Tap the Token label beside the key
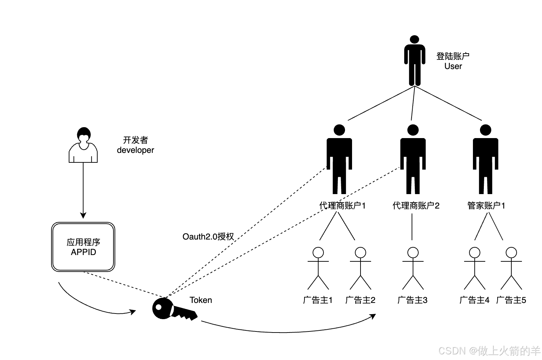tap(201, 300)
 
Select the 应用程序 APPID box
tap(83, 247)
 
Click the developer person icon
tap(83, 145)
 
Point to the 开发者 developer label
tap(135, 145)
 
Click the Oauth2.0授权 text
tap(208, 237)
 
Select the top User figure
tap(414, 60)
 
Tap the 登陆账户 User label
tap(453, 61)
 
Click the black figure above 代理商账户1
tap(339, 159)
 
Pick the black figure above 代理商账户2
tap(413, 159)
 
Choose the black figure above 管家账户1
tap(485, 159)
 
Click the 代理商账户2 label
tap(416, 206)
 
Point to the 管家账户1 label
tap(486, 206)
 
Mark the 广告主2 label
tap(360, 300)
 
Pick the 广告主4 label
tap(474, 300)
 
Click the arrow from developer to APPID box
tap(83, 190)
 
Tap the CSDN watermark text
tap(489, 350)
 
